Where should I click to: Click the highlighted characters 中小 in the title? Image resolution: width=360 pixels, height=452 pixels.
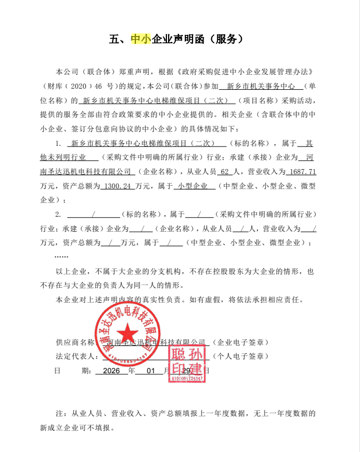coord(140,39)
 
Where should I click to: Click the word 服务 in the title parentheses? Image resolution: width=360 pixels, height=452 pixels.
coord(221,39)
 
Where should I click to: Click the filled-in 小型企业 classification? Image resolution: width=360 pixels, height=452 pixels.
coord(193,186)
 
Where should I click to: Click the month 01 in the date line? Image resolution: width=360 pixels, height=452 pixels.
coord(151,370)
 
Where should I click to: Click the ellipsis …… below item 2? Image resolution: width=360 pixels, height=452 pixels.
coord(62,257)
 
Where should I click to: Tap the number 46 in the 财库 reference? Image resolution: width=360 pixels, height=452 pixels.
coord(99,87)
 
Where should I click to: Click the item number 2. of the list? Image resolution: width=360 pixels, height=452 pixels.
coord(58,214)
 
